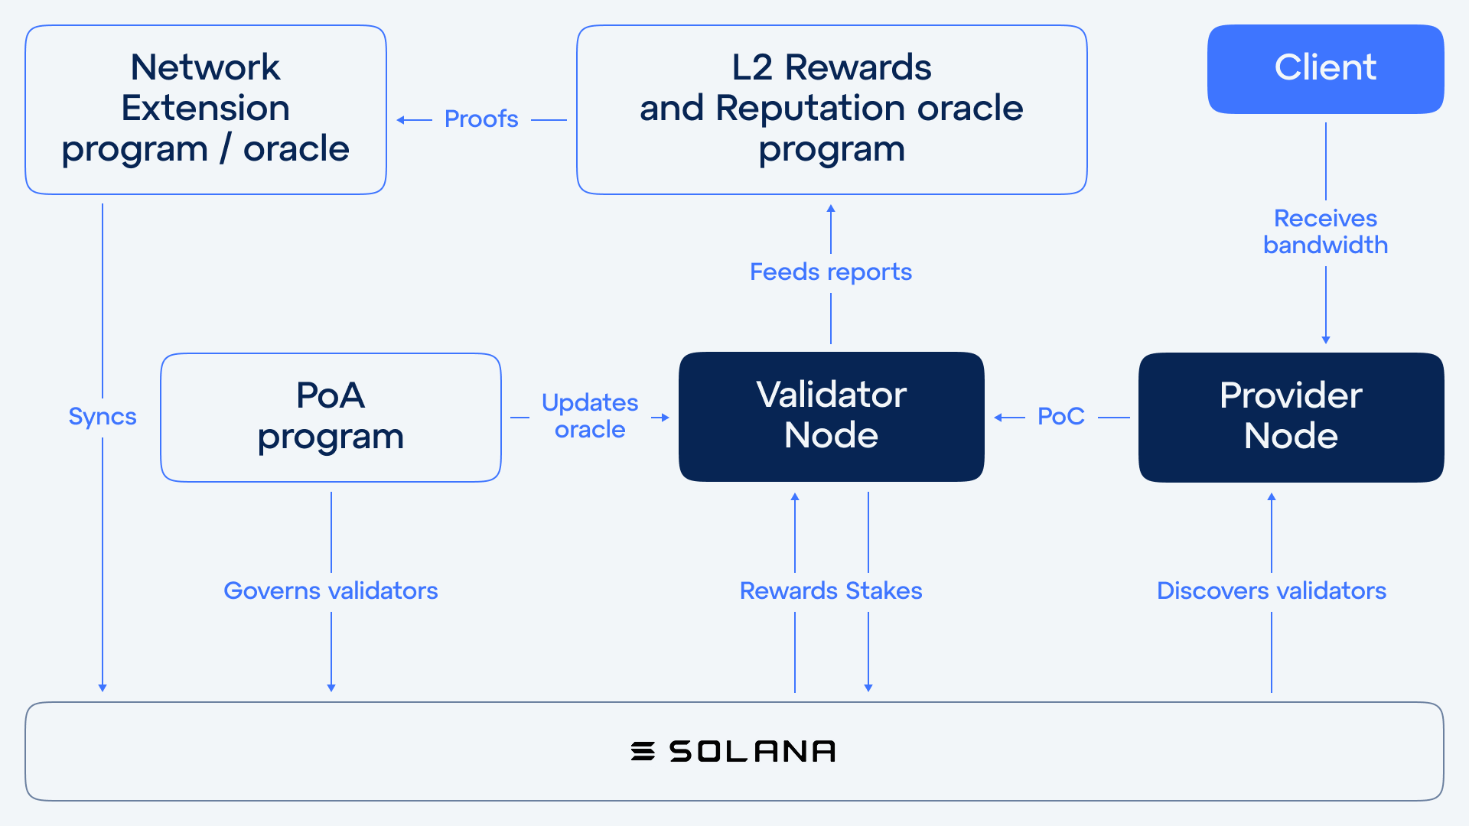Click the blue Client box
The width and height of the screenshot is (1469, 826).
[x=1325, y=69]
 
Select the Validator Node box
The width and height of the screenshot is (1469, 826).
[x=831, y=417]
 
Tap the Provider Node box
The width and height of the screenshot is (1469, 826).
[x=1291, y=417]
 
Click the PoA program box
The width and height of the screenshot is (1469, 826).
[x=331, y=417]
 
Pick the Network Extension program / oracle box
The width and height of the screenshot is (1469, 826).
[x=206, y=109]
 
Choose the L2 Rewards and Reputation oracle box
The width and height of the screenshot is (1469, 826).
[x=832, y=109]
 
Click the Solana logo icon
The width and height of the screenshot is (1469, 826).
[x=643, y=751]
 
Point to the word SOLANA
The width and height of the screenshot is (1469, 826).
[x=752, y=751]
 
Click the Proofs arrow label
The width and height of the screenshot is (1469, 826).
[x=481, y=119]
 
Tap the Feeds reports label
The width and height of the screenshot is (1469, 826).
[x=831, y=272]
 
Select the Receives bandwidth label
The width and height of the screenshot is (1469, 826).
[x=1325, y=231]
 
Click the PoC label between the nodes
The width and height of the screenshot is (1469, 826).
[x=1061, y=416]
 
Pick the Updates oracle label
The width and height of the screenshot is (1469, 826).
[x=590, y=415]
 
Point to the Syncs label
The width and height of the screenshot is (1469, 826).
[x=103, y=417]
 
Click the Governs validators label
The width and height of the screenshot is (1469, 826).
[x=331, y=590]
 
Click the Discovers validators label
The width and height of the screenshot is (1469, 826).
[x=1272, y=590]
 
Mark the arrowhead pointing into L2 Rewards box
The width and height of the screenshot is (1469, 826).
[x=831, y=208]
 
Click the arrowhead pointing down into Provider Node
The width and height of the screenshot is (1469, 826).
[x=1326, y=340]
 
